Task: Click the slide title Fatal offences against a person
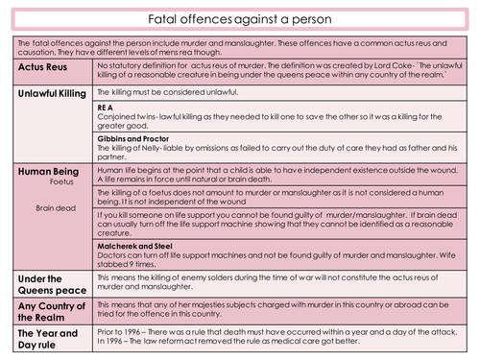coord(240,18)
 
